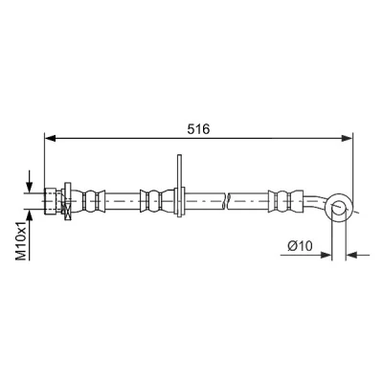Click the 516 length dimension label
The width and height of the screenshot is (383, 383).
click(x=198, y=129)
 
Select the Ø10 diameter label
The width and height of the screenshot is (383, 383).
click(x=300, y=246)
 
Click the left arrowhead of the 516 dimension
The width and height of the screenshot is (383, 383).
click(x=50, y=138)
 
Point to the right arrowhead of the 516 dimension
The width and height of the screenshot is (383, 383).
click(x=347, y=138)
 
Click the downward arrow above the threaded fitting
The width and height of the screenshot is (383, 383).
click(x=30, y=181)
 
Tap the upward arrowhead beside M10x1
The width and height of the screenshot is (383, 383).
click(x=30, y=215)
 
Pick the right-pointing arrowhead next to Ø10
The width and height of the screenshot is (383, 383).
click(x=326, y=255)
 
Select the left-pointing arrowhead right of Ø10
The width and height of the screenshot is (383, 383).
click(x=351, y=255)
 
